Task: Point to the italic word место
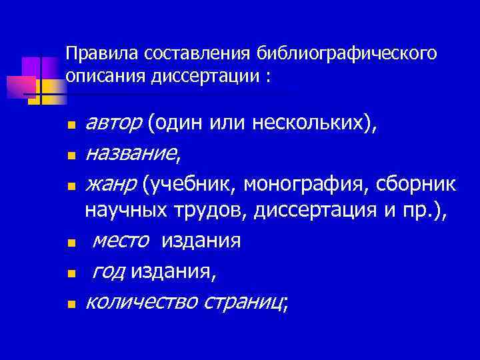point(121,241)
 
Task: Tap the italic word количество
point(141,303)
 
